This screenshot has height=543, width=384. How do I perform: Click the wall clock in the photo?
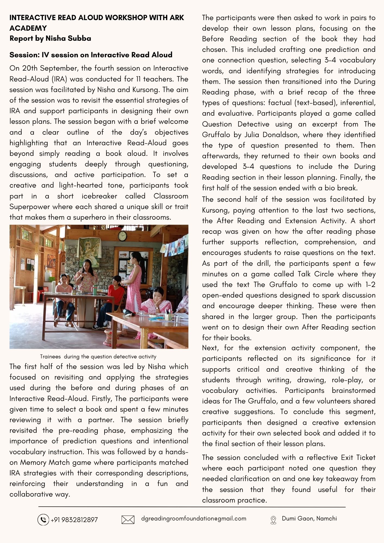[122, 236]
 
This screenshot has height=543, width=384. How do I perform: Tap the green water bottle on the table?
[95, 290]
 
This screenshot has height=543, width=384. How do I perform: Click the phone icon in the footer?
[43, 520]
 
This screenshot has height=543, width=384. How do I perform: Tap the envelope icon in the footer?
[128, 520]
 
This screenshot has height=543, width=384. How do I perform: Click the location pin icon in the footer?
[273, 520]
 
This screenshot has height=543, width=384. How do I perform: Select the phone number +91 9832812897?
[74, 520]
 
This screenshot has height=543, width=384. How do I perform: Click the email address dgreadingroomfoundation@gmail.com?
[194, 518]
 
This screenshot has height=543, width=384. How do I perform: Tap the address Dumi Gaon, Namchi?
[309, 518]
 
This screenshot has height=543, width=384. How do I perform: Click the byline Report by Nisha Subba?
[50, 38]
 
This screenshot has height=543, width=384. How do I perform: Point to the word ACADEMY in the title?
[28, 28]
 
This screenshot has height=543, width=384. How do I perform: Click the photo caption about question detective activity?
[98, 356]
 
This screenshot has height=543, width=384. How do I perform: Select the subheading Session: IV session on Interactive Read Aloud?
[91, 55]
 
